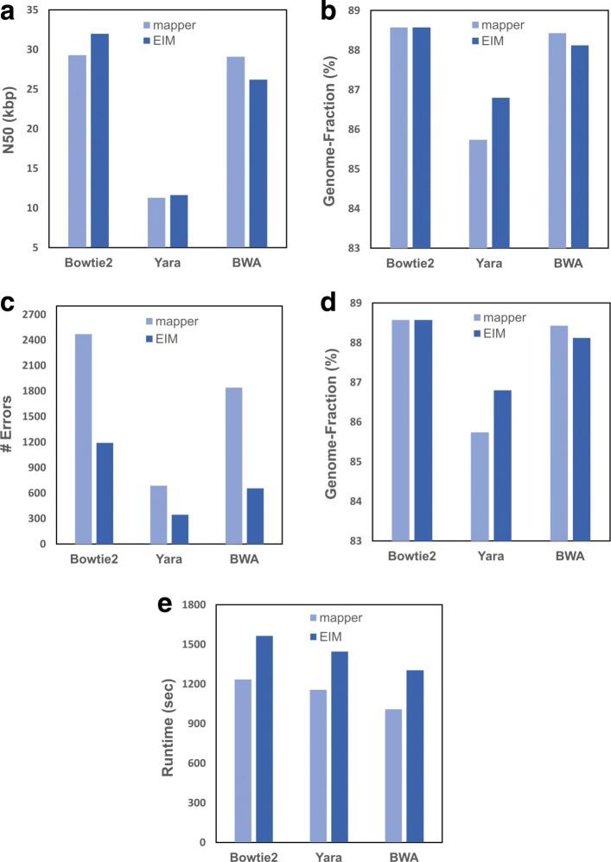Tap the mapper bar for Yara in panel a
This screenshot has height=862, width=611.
[156, 223]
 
